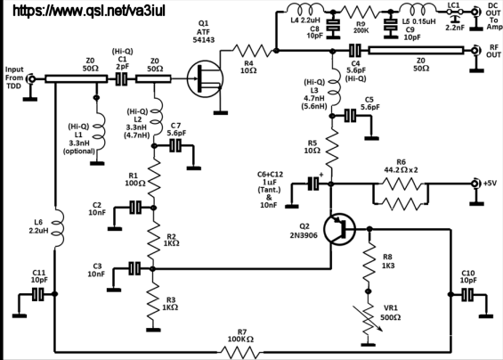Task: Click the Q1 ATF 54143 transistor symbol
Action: click(x=205, y=79)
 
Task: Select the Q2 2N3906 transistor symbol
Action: click(x=339, y=229)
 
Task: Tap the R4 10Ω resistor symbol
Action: click(x=252, y=51)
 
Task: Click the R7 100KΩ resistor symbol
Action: click(x=240, y=352)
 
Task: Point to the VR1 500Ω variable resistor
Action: click(x=369, y=318)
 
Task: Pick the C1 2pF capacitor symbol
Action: click(x=121, y=79)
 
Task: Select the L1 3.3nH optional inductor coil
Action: click(x=99, y=131)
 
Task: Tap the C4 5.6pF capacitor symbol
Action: click(x=355, y=51)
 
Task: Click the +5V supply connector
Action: click(x=475, y=184)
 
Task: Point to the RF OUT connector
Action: click(x=475, y=51)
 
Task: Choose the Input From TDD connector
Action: click(x=31, y=79)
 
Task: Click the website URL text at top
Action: click(x=89, y=11)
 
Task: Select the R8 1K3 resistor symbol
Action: click(x=369, y=263)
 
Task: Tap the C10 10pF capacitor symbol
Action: click(x=467, y=294)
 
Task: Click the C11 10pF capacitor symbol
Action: click(x=38, y=294)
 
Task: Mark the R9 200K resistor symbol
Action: click(x=360, y=12)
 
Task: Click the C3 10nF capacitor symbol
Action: click(x=134, y=268)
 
